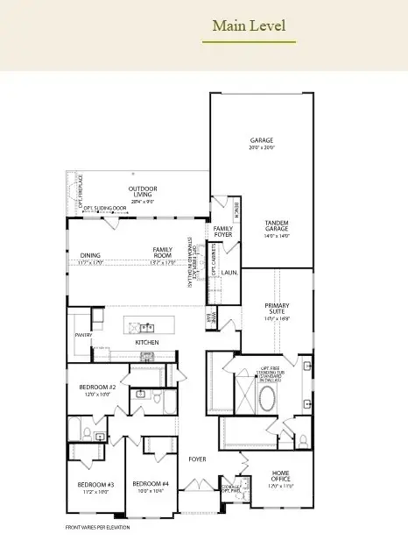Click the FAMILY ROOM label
coord(164,254)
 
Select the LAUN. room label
coord(230,273)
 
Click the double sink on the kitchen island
coord(143,328)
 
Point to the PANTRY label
coord(83,334)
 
